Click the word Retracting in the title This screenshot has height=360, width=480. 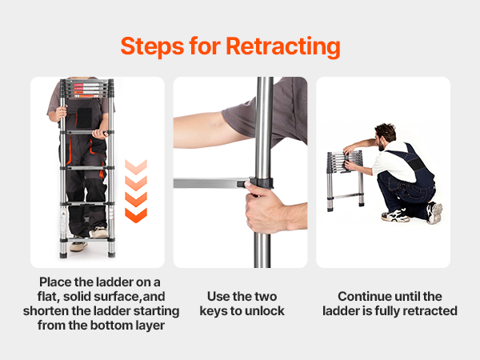[283, 46]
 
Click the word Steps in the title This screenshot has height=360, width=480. [152, 46]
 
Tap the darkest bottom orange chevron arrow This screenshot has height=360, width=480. [136, 215]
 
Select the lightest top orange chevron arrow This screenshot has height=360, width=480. [136, 167]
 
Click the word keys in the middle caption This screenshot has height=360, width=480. [213, 311]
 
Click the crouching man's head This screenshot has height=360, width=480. [386, 136]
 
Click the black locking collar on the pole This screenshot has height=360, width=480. [262, 182]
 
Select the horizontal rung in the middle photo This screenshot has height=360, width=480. [212, 183]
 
